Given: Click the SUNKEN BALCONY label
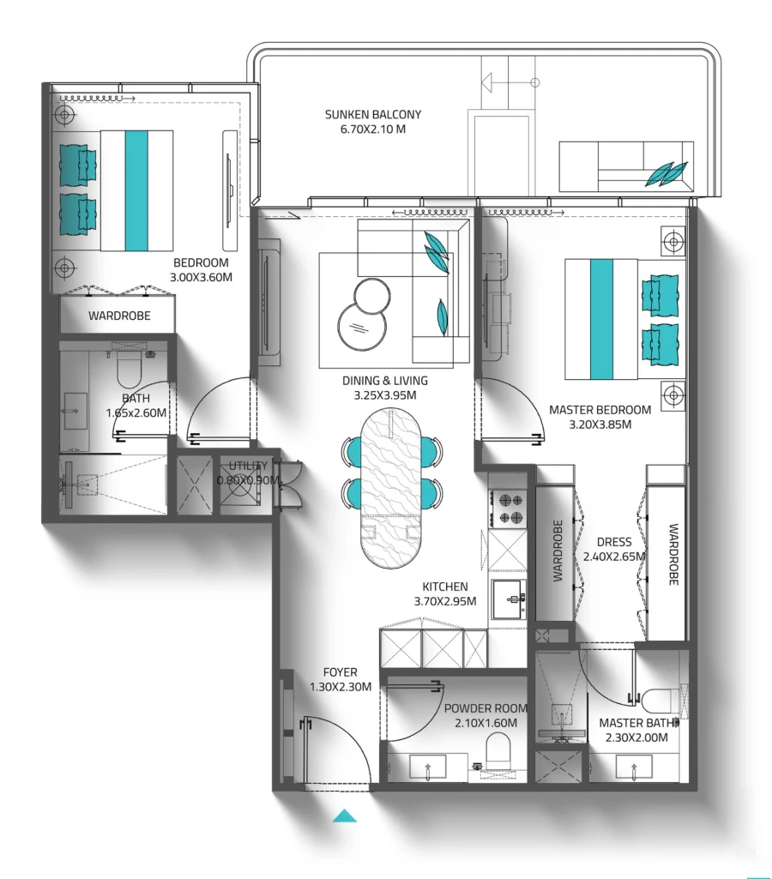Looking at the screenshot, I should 373,114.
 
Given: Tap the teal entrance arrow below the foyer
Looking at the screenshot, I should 344,816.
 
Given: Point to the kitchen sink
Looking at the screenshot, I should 510,598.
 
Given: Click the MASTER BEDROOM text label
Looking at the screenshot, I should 600,410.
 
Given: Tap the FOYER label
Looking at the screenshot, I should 340,672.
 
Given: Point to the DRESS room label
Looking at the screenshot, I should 613,542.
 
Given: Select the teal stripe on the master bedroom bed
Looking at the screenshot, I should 602,319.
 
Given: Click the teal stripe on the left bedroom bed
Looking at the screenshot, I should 137,190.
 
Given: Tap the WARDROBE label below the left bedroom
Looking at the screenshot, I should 119,316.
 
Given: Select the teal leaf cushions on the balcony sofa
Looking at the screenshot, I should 666,174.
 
